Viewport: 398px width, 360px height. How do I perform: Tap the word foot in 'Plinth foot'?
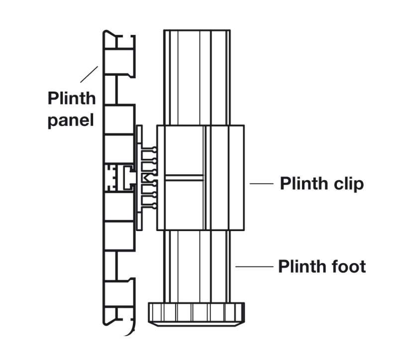point(346,266)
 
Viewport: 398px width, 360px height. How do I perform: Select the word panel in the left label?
point(71,120)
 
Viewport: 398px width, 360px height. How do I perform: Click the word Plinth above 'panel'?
point(71,98)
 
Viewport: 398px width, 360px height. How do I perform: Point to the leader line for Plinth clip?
point(261,184)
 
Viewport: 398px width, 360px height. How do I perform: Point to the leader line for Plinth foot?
point(254,266)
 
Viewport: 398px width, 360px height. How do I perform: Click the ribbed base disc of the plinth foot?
point(197,312)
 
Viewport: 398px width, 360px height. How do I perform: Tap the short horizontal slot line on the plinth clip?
point(184,177)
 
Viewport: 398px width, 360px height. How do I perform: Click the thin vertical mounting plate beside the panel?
point(139,177)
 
